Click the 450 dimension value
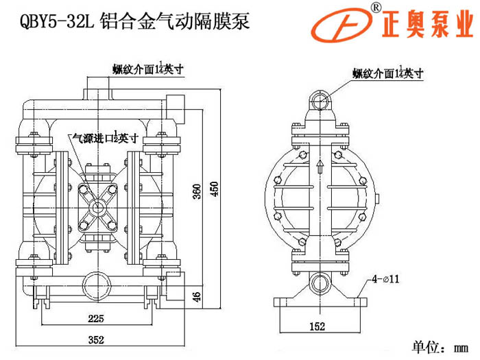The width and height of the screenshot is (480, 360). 214,189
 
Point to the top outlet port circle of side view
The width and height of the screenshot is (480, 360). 320,103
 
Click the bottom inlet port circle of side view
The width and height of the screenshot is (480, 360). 319,282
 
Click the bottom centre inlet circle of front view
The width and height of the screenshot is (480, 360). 92,281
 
